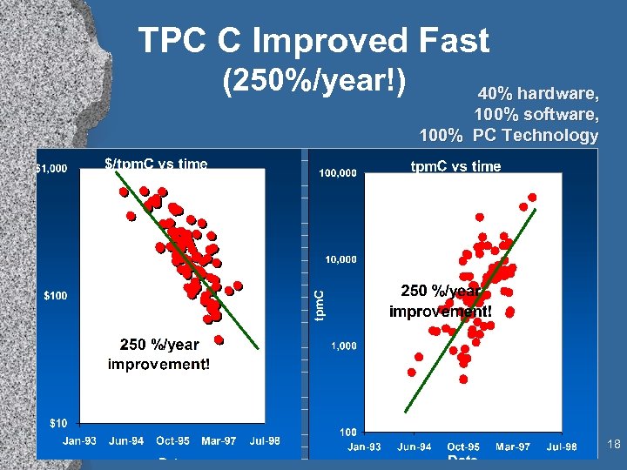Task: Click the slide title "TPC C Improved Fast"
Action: pyautogui.click(x=313, y=40)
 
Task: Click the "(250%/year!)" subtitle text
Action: pyautogui.click(x=315, y=83)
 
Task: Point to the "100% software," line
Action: pyautogui.click(x=536, y=114)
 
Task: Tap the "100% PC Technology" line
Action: pyautogui.click(x=509, y=135)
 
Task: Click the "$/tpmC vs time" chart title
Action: pyautogui.click(x=156, y=163)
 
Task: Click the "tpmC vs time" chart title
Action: pyautogui.click(x=455, y=166)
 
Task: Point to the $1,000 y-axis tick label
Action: pyautogui.click(x=51, y=169)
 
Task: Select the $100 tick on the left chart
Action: pyautogui.click(x=55, y=296)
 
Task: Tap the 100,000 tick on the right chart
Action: pyautogui.click(x=337, y=174)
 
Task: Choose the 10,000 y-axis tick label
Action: pyautogui.click(x=340, y=259)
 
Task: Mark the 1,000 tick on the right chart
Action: pyautogui.click(x=343, y=346)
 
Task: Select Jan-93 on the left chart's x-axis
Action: pyautogui.click(x=79, y=441)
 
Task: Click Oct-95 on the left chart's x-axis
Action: pyautogui.click(x=172, y=441)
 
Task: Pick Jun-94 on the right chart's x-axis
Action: pyautogui.click(x=415, y=446)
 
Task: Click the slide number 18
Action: pyautogui.click(x=613, y=446)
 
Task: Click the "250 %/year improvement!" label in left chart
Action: pyautogui.click(x=158, y=354)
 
